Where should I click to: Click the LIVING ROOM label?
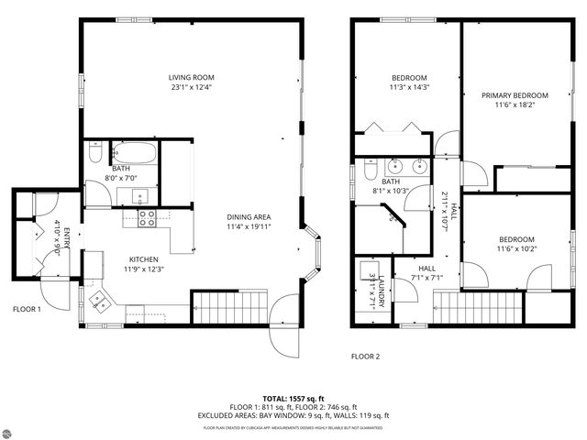[191, 77]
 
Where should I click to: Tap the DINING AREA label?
[249, 217]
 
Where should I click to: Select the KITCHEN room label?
[145, 259]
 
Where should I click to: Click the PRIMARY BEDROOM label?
[515, 95]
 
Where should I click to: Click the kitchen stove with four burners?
[147, 216]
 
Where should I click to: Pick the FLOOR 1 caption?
[27, 310]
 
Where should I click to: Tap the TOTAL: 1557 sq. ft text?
[293, 399]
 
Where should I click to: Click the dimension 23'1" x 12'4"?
[191, 88]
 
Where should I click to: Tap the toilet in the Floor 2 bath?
[368, 171]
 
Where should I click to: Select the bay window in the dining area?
[314, 249]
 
